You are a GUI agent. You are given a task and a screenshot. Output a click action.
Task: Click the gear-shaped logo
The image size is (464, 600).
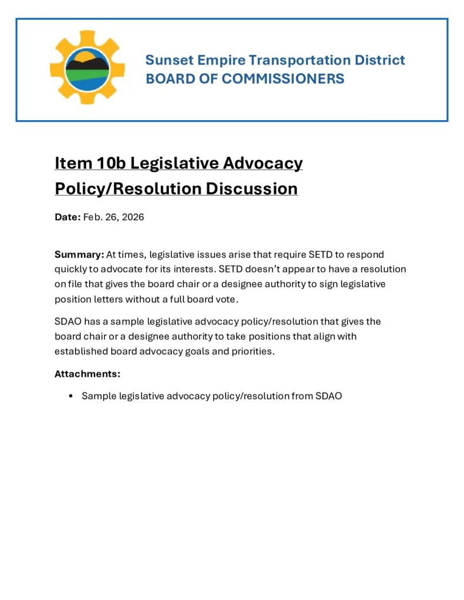point(87,68)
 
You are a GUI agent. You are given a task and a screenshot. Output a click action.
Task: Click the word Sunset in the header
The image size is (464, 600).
point(167,60)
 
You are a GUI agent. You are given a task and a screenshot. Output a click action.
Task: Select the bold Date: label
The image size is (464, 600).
point(67,217)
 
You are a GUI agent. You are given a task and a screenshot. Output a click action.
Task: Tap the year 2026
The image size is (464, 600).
point(131,217)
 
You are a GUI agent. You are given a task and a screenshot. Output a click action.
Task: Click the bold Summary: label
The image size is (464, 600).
point(79,254)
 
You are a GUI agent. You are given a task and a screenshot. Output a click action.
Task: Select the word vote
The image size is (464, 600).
point(228,299)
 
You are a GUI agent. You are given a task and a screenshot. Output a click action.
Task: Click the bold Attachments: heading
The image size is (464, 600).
point(87,374)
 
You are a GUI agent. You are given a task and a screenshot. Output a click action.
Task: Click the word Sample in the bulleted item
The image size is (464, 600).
point(99,396)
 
